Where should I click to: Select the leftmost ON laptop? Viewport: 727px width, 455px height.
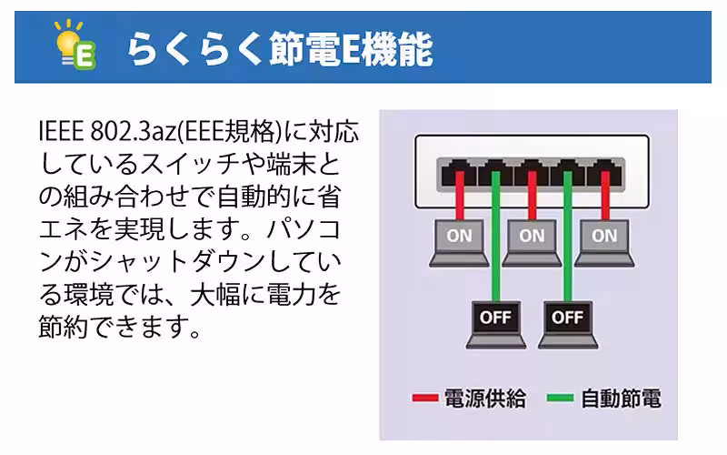click(459, 238)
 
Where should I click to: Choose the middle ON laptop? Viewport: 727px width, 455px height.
click(532, 238)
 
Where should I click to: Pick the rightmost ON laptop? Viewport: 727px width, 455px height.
click(603, 238)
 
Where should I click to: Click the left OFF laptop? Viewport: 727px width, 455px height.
click(495, 320)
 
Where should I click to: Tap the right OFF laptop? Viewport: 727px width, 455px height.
click(567, 320)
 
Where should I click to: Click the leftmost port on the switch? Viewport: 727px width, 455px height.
click(459, 172)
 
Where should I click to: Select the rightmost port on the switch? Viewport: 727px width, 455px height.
click(603, 172)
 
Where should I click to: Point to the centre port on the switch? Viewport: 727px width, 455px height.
click(531, 172)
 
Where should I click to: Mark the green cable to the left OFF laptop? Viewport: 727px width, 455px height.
click(495, 246)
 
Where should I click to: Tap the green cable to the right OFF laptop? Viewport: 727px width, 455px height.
click(567, 246)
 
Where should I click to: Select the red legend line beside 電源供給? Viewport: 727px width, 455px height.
click(424, 399)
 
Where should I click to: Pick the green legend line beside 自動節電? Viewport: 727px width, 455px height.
click(561, 399)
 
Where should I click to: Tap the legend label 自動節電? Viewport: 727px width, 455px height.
click(621, 399)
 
